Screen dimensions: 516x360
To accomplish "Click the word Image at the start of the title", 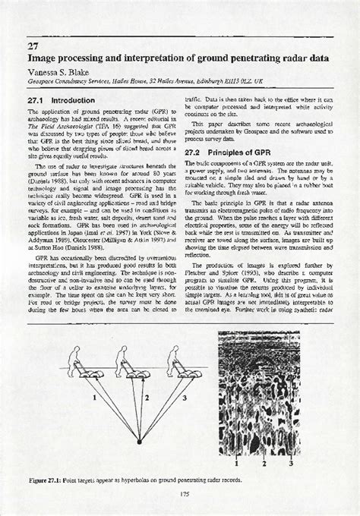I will coord(45,56).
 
